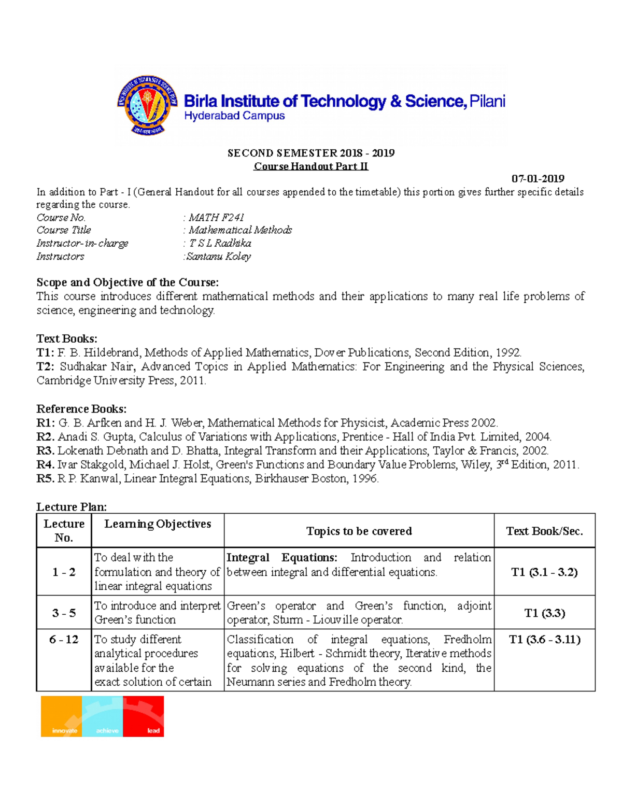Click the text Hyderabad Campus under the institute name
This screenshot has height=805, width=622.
point(234,116)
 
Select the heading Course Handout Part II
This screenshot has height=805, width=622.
point(310,166)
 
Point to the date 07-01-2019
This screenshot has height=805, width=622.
point(538,179)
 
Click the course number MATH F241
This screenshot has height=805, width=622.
point(216,218)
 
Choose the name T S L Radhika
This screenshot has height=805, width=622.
point(220,244)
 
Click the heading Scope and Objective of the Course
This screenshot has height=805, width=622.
point(128,283)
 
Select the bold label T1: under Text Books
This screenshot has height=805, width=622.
point(45,353)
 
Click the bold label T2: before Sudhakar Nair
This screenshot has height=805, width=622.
point(45,367)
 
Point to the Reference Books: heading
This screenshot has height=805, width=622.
point(81,409)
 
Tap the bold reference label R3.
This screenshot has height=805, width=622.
point(45,451)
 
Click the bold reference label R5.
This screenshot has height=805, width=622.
point(45,479)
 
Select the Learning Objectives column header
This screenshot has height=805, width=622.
point(158,524)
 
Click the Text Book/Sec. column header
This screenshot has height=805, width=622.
point(544,531)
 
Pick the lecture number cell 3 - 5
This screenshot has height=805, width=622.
point(64,613)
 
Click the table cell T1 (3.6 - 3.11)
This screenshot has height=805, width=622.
point(544,640)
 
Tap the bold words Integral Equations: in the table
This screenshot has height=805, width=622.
point(282,558)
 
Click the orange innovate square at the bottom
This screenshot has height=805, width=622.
point(62,716)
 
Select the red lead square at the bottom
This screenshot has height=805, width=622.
point(144,716)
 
